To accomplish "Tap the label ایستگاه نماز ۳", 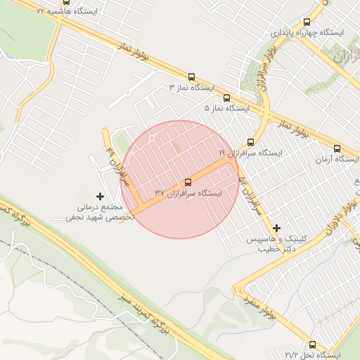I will click(192, 88).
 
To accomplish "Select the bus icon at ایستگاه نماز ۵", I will click(226, 98).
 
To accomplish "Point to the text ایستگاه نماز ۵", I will click(227, 109).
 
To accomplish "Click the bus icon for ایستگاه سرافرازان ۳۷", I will click(187, 182).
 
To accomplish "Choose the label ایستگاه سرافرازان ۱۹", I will click(250, 153).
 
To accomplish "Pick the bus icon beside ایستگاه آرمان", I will click(337, 149).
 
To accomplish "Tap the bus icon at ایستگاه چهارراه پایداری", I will click(307, 22).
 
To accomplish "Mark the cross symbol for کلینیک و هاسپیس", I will click(277, 228).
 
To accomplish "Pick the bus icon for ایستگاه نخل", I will click(313, 345).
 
